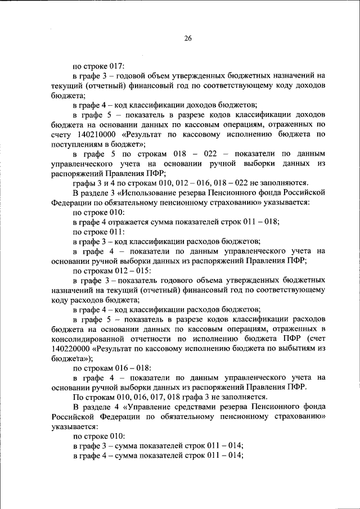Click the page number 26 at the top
[x=188, y=38]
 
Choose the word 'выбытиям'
[x=292, y=348]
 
